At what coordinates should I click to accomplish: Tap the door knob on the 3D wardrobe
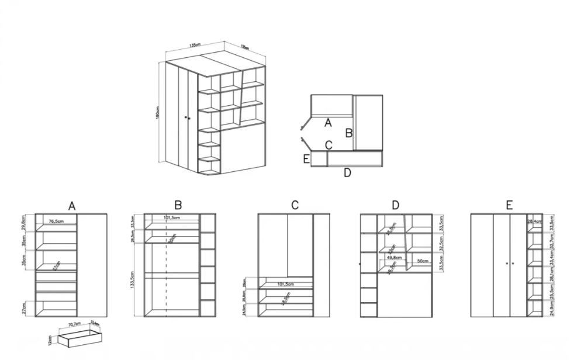click(x=186, y=118)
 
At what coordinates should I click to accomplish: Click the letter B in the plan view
click(x=348, y=133)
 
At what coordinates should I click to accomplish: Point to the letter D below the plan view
click(x=347, y=173)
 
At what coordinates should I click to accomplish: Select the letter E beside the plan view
click(x=306, y=159)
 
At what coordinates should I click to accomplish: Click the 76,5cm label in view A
click(x=57, y=221)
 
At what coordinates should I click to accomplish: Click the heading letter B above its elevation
click(x=178, y=205)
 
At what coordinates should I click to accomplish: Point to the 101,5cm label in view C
click(x=285, y=285)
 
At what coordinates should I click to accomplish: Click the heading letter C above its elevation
click(x=295, y=205)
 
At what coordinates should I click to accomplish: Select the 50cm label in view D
click(x=422, y=261)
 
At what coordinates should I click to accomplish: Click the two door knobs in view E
click(x=509, y=264)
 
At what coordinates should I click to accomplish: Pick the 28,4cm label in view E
click(x=533, y=222)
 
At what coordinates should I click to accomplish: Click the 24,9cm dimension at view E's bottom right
click(x=551, y=309)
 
